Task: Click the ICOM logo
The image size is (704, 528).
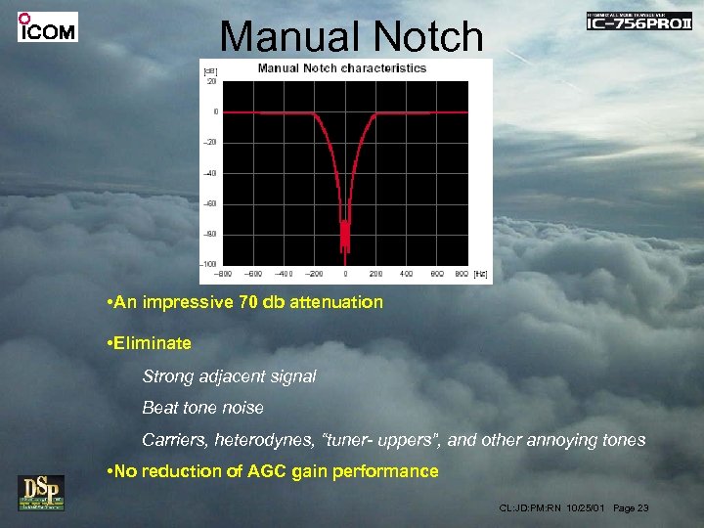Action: pos(47,27)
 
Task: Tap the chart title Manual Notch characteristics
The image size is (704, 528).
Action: pos(342,68)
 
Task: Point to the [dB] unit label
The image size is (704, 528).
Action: pos(209,70)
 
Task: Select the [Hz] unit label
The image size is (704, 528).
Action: pos(480,274)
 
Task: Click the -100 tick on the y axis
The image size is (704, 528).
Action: pos(208,264)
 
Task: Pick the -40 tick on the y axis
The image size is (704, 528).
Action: pos(209,173)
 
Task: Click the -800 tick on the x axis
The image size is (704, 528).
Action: pos(224,274)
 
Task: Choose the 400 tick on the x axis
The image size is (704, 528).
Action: pos(407,274)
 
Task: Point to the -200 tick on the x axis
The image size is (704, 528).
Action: pos(315,274)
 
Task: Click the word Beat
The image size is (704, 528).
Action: pos(160,407)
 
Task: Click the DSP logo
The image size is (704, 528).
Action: pos(40,492)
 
